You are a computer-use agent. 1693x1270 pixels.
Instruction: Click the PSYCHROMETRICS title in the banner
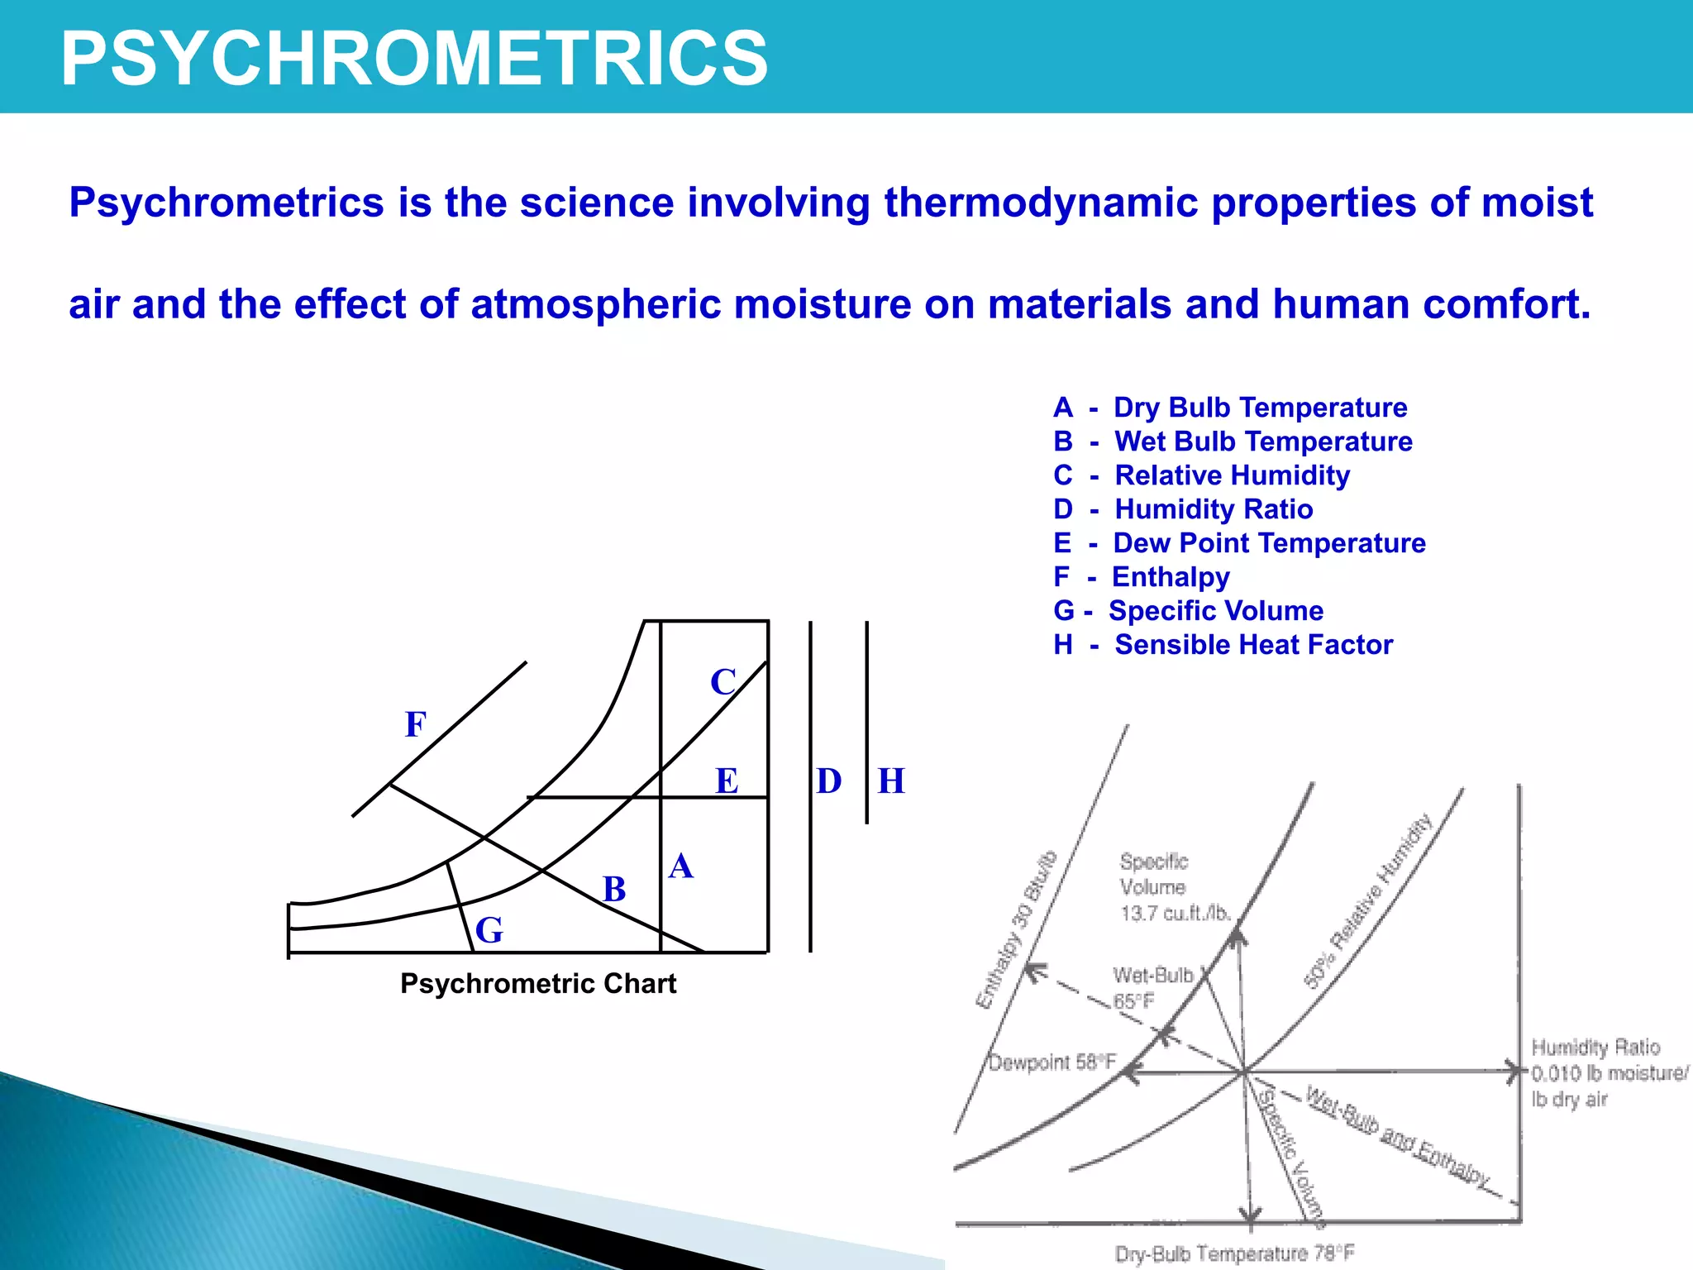point(414,58)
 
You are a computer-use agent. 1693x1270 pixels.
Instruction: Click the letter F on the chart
point(416,725)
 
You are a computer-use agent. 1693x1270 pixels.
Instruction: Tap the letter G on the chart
point(489,930)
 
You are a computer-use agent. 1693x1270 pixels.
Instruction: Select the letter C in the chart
point(723,683)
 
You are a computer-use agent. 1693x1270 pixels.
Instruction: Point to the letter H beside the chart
point(891,781)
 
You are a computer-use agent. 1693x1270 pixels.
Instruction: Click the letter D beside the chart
point(828,781)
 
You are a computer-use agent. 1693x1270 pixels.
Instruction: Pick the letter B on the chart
point(614,890)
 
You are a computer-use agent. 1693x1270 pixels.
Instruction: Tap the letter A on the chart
point(680,867)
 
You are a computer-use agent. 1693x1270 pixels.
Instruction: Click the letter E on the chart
point(727,781)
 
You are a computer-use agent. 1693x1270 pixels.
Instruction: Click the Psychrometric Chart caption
point(538,984)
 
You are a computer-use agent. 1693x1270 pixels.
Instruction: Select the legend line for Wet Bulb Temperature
point(1233,442)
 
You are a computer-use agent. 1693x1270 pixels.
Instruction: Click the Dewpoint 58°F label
point(1052,1062)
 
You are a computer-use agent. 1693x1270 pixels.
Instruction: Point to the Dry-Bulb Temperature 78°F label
point(1235,1253)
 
